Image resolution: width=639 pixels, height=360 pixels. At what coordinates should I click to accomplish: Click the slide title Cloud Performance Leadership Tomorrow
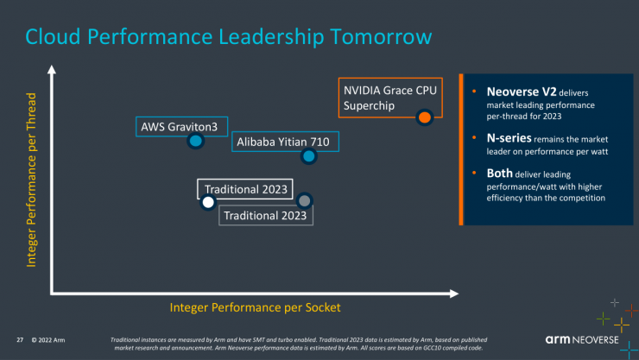228,36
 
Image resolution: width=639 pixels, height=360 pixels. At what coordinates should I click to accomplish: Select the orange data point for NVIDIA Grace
424,117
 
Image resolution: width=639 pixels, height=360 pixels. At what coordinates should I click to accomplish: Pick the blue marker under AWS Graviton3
196,141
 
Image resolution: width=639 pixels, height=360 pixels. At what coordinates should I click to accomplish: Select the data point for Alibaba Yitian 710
308,156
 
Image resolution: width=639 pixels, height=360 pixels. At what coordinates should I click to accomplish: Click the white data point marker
207,203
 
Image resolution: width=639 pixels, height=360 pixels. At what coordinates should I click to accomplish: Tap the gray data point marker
304,200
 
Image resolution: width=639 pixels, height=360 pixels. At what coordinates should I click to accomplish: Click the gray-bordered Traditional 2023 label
265,215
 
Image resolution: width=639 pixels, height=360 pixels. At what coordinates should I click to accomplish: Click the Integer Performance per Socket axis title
255,307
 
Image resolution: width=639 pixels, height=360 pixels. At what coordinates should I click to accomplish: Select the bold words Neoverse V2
515,91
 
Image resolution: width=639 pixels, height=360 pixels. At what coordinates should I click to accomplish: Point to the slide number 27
20,339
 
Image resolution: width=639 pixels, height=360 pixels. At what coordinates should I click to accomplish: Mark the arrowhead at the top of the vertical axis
53,71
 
